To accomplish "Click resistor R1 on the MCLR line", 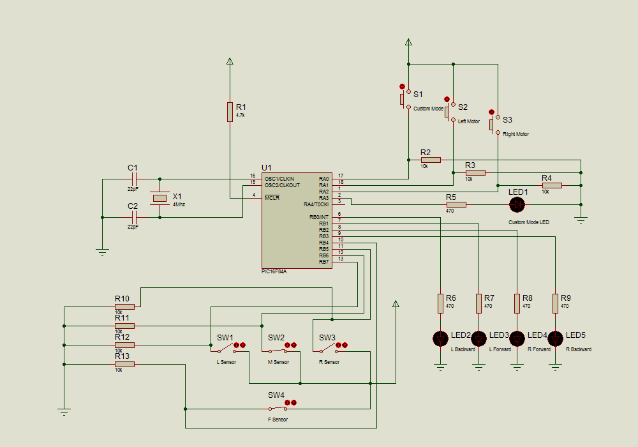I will pos(230,112).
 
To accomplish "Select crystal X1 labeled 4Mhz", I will pos(159,199).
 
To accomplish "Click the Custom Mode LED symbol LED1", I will pos(516,204).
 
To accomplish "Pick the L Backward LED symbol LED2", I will pos(440,338).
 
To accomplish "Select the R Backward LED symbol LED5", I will pos(555,338).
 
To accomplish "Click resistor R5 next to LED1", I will pos(456,204).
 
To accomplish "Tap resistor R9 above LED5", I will pos(555,303).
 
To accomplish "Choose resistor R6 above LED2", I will pos(440,303).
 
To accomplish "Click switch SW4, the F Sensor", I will pos(278,409).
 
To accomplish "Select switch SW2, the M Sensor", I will pos(278,351).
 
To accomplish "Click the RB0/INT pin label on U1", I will pos(318,217).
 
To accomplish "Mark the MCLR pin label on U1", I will pos(272,197).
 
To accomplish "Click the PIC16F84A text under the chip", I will pos(274,271).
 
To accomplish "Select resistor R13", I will pos(124,364).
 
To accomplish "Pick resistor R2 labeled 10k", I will pos(431,160).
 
